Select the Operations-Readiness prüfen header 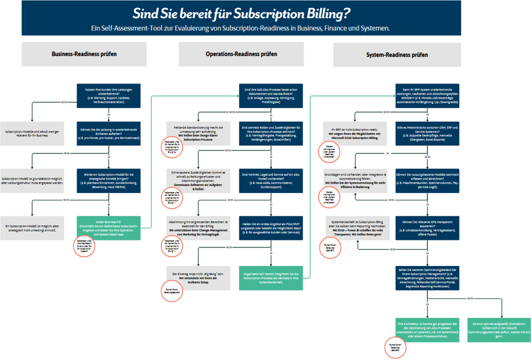(x=242, y=54)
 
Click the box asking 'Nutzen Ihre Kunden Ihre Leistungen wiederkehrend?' (x=108, y=96)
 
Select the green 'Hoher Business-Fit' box (x=108, y=228)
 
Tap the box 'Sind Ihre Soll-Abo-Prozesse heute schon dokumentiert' (x=271, y=96)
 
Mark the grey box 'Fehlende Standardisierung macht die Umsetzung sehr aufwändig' (x=199, y=132)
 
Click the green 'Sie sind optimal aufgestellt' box (x=499, y=330)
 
